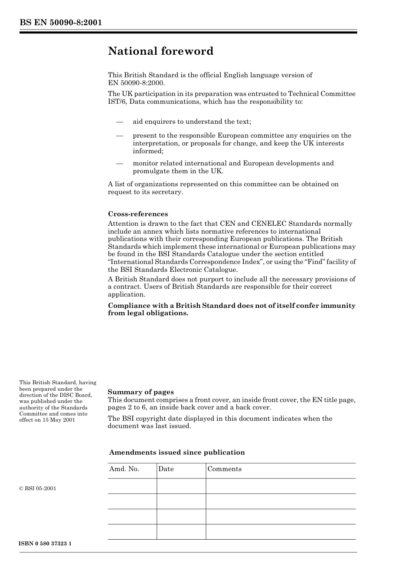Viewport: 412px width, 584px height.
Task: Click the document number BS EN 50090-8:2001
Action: (x=60, y=23)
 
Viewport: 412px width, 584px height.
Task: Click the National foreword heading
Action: (x=160, y=51)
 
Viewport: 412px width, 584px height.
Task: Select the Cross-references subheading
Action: (x=137, y=214)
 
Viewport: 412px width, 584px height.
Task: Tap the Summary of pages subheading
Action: (x=141, y=392)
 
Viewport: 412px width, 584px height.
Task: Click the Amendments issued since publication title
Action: (x=177, y=452)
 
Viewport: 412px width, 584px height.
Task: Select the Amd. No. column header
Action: (x=124, y=469)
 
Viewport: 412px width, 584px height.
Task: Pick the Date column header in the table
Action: (x=166, y=469)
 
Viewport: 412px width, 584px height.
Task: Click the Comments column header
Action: (x=224, y=469)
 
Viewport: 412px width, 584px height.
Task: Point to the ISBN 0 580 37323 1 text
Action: (x=46, y=544)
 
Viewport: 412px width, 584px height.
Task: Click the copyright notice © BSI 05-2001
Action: (x=38, y=488)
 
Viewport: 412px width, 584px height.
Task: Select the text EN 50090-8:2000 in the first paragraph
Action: (x=136, y=83)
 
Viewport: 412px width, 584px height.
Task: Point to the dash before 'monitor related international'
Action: (x=120, y=164)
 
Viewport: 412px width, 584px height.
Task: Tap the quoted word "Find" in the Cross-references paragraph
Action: (x=307, y=262)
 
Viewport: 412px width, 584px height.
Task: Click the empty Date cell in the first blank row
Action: (x=181, y=486)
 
